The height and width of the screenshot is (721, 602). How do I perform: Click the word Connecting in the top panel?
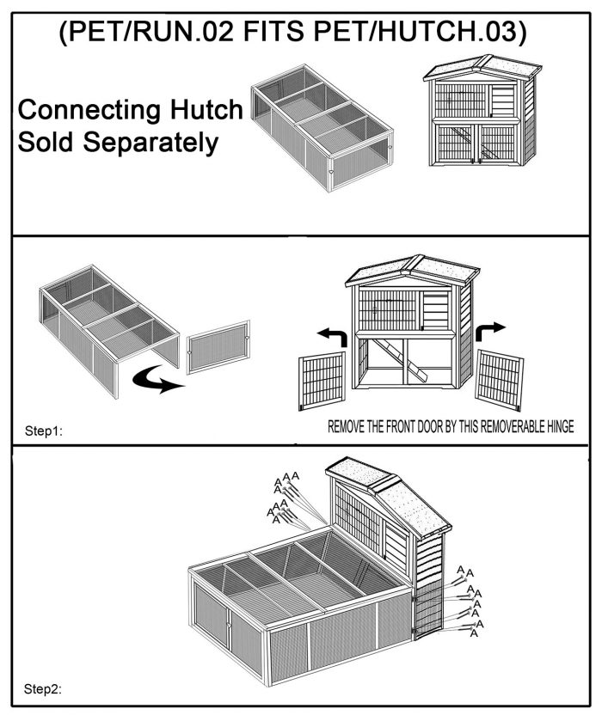click(x=89, y=111)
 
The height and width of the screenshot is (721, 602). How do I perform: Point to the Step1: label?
click(x=43, y=431)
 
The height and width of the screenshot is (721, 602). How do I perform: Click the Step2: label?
click(x=43, y=689)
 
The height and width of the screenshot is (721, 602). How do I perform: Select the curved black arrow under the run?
click(x=158, y=381)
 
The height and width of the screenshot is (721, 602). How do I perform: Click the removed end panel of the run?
click(x=218, y=346)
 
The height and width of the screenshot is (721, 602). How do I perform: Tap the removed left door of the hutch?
click(x=322, y=381)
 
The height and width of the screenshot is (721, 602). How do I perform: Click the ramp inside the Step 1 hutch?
click(x=400, y=360)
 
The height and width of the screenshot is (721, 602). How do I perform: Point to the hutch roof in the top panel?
click(x=482, y=68)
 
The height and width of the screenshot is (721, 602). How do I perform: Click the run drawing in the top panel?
click(x=322, y=127)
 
